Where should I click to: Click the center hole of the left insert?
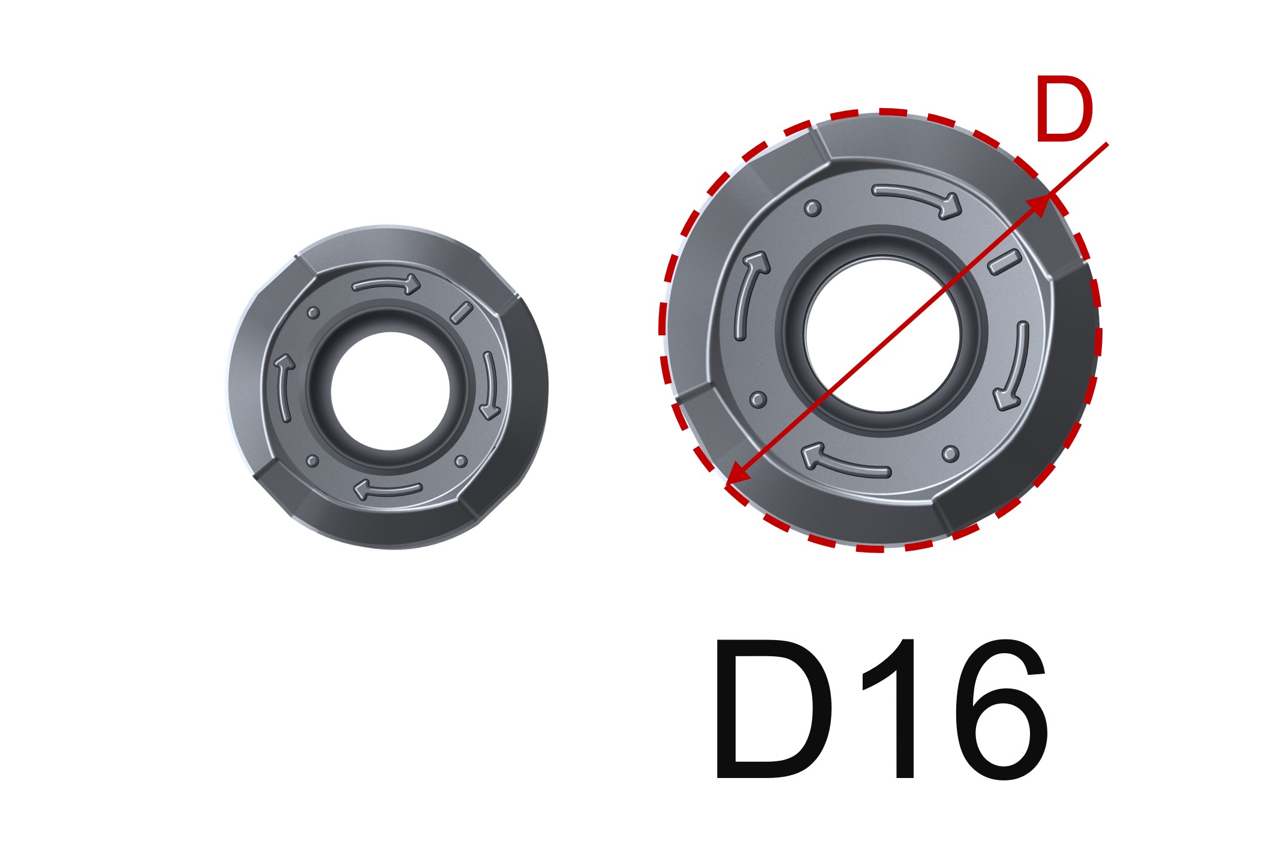pos(390,391)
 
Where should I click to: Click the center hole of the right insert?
pos(883,334)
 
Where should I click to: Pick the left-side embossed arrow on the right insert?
pos(749,294)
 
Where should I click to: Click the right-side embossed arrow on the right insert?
pos(1013,366)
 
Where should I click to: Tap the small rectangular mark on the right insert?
pos(1004,262)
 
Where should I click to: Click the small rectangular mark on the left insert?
pos(461,313)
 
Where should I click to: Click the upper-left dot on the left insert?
pos(312,313)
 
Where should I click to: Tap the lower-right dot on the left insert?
pos(460,461)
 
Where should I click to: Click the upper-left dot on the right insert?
pos(812,208)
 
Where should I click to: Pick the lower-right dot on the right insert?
pos(950,453)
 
